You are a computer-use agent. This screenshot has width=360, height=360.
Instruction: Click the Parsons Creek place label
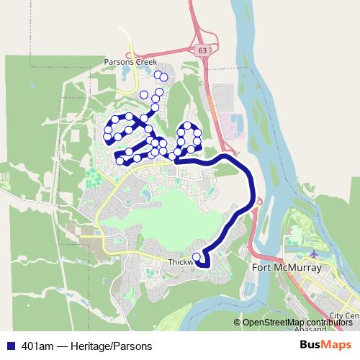pyautogui.click(x=129, y=62)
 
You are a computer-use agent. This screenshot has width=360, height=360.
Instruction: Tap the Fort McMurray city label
pyautogui.click(x=286, y=269)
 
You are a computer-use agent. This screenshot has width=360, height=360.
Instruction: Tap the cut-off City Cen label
pyautogui.click(x=343, y=315)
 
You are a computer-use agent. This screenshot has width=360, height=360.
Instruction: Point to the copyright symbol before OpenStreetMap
pyautogui.click(x=238, y=323)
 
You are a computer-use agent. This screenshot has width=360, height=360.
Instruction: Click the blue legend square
pyautogui.click(x=9, y=346)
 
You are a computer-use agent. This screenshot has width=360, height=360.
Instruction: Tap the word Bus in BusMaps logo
pyautogui.click(x=312, y=345)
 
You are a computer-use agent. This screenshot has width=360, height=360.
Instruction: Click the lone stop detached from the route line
pyautogui.click(x=164, y=77)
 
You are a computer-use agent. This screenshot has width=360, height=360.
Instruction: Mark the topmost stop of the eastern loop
pyautogui.click(x=188, y=125)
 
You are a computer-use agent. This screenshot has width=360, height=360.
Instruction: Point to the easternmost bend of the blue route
pyautogui.click(x=254, y=189)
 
